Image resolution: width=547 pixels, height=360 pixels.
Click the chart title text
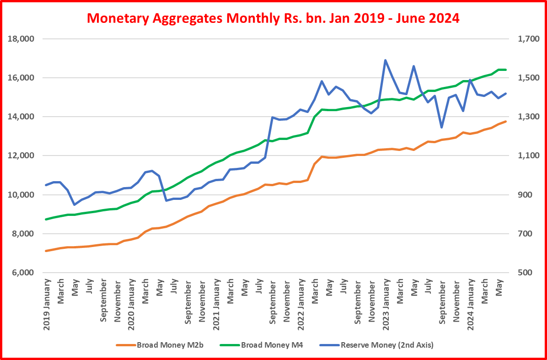pos(273,18)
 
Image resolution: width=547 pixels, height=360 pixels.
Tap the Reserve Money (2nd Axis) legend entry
pos(386,345)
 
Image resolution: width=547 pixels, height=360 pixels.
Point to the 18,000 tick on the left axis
pos(22,39)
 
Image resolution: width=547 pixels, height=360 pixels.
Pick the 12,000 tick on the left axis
pos(22,156)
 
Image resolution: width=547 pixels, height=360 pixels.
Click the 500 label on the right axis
pos(522,273)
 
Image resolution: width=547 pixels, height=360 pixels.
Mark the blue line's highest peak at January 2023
pos(385,60)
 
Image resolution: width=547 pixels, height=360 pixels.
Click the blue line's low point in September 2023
pos(442,127)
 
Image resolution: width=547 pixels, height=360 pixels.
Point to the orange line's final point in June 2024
pos(505,121)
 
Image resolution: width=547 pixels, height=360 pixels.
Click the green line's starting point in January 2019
pos(46,219)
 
